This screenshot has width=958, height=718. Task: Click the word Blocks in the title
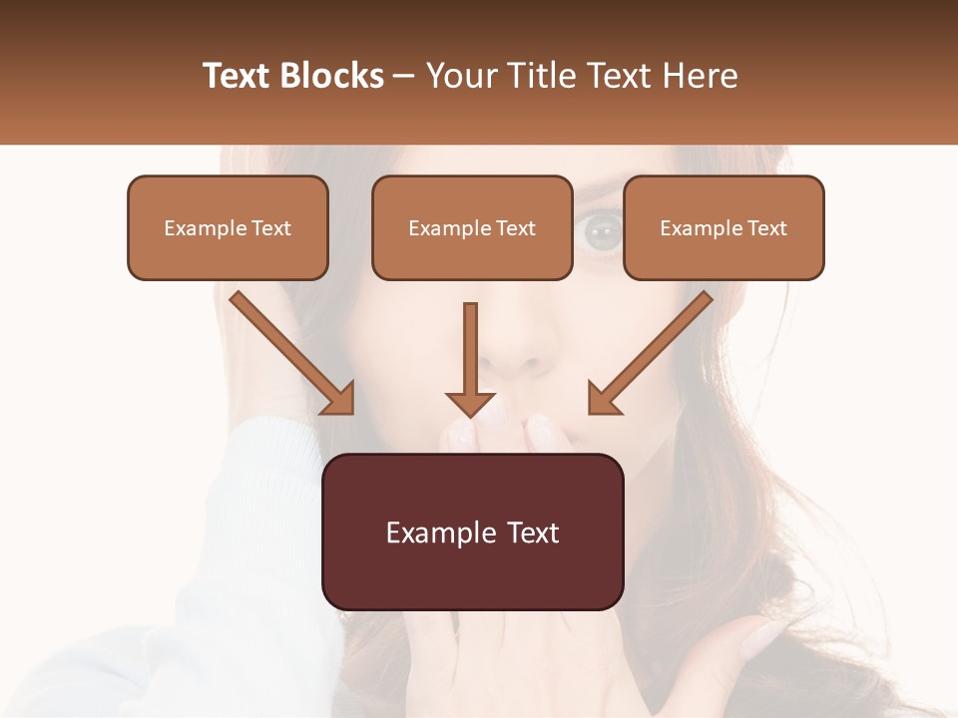[331, 76]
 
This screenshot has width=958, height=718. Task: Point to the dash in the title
[405, 77]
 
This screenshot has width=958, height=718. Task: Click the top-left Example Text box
[228, 227]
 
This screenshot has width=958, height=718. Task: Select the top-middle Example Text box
[472, 227]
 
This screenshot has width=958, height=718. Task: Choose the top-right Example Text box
[723, 227]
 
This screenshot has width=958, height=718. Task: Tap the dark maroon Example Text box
[472, 532]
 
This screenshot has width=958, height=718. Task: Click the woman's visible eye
[602, 233]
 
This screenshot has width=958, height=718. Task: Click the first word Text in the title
[239, 76]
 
